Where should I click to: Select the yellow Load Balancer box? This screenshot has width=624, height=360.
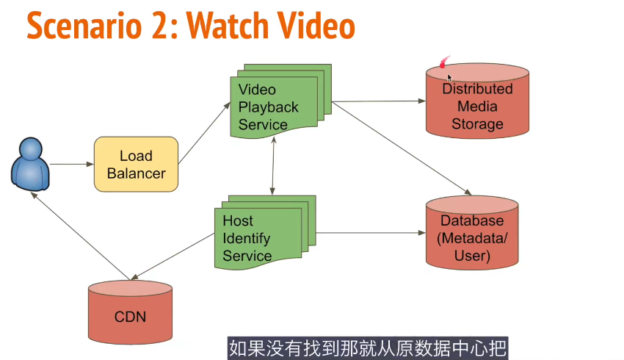coord(137,165)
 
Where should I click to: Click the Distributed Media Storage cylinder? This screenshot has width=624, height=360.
coord(477,103)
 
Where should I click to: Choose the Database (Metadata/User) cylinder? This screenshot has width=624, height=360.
coord(473,234)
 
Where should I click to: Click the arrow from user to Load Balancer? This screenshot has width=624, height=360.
coord(72,164)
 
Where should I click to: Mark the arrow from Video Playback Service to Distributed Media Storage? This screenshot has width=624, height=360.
coord(378,101)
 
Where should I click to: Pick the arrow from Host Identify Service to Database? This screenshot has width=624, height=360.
coord(371,234)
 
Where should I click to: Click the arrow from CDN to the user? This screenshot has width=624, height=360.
coord(81,236)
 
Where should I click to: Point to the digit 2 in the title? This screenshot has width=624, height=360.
coord(161,26)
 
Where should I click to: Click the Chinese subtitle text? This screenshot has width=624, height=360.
coord(368,347)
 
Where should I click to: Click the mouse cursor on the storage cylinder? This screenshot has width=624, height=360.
coord(449,76)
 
